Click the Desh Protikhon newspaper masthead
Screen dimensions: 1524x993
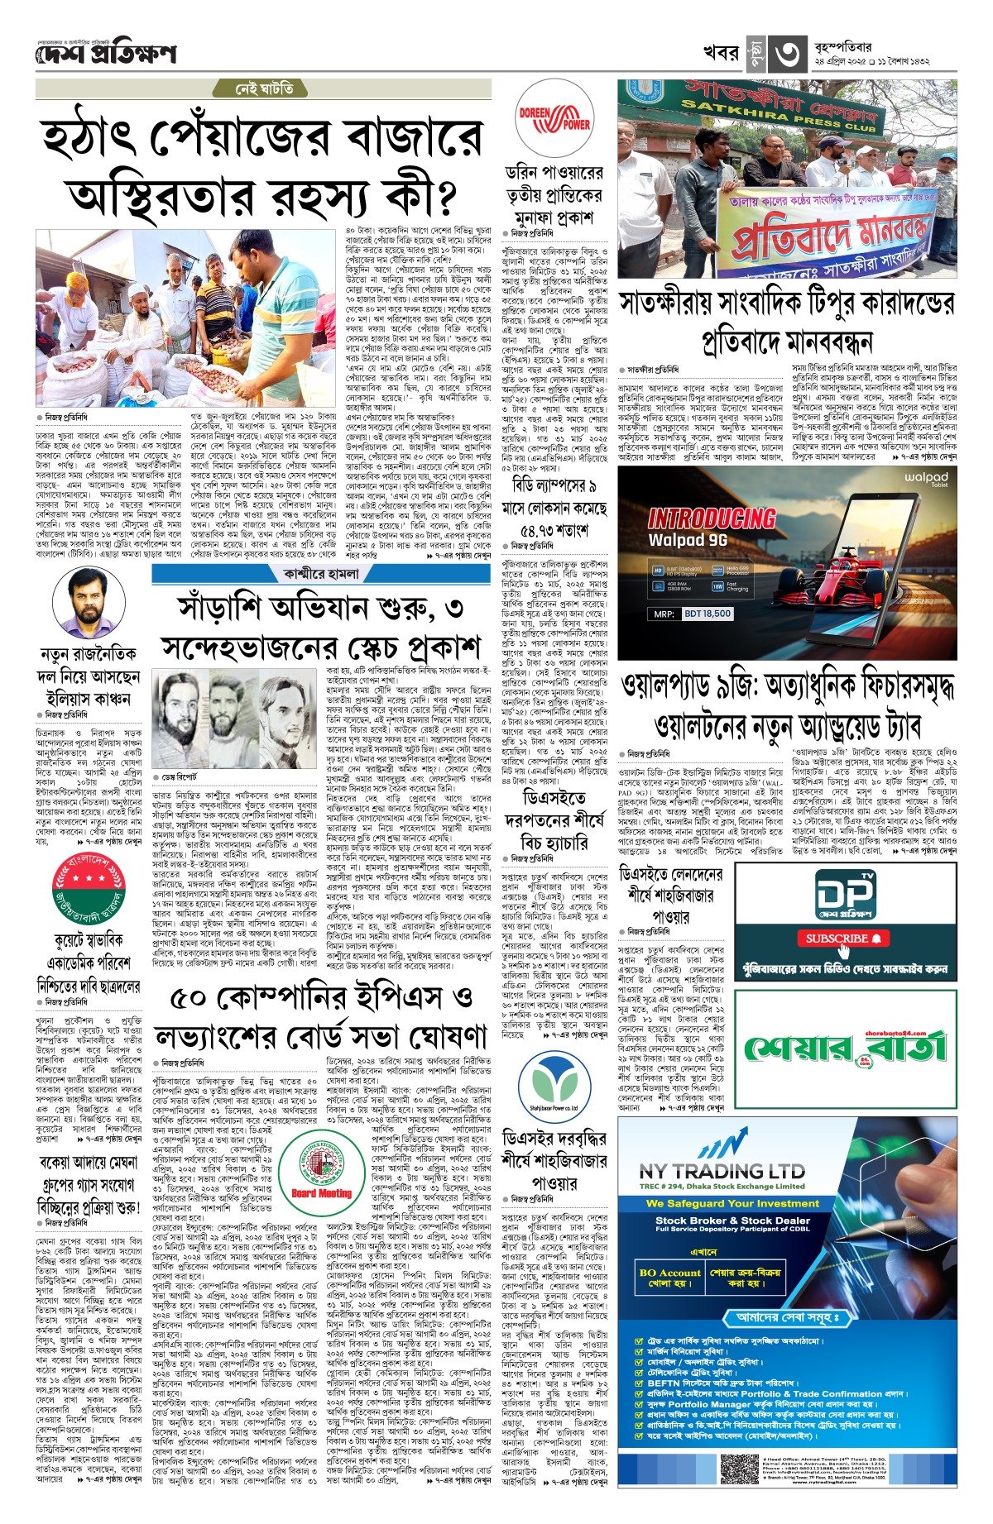click(106, 55)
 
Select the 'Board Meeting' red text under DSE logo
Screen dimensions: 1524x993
click(322, 1193)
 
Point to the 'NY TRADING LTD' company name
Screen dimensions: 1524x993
click(722, 1172)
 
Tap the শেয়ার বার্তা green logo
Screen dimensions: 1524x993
click(845, 1049)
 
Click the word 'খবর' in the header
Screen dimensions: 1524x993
click(720, 54)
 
